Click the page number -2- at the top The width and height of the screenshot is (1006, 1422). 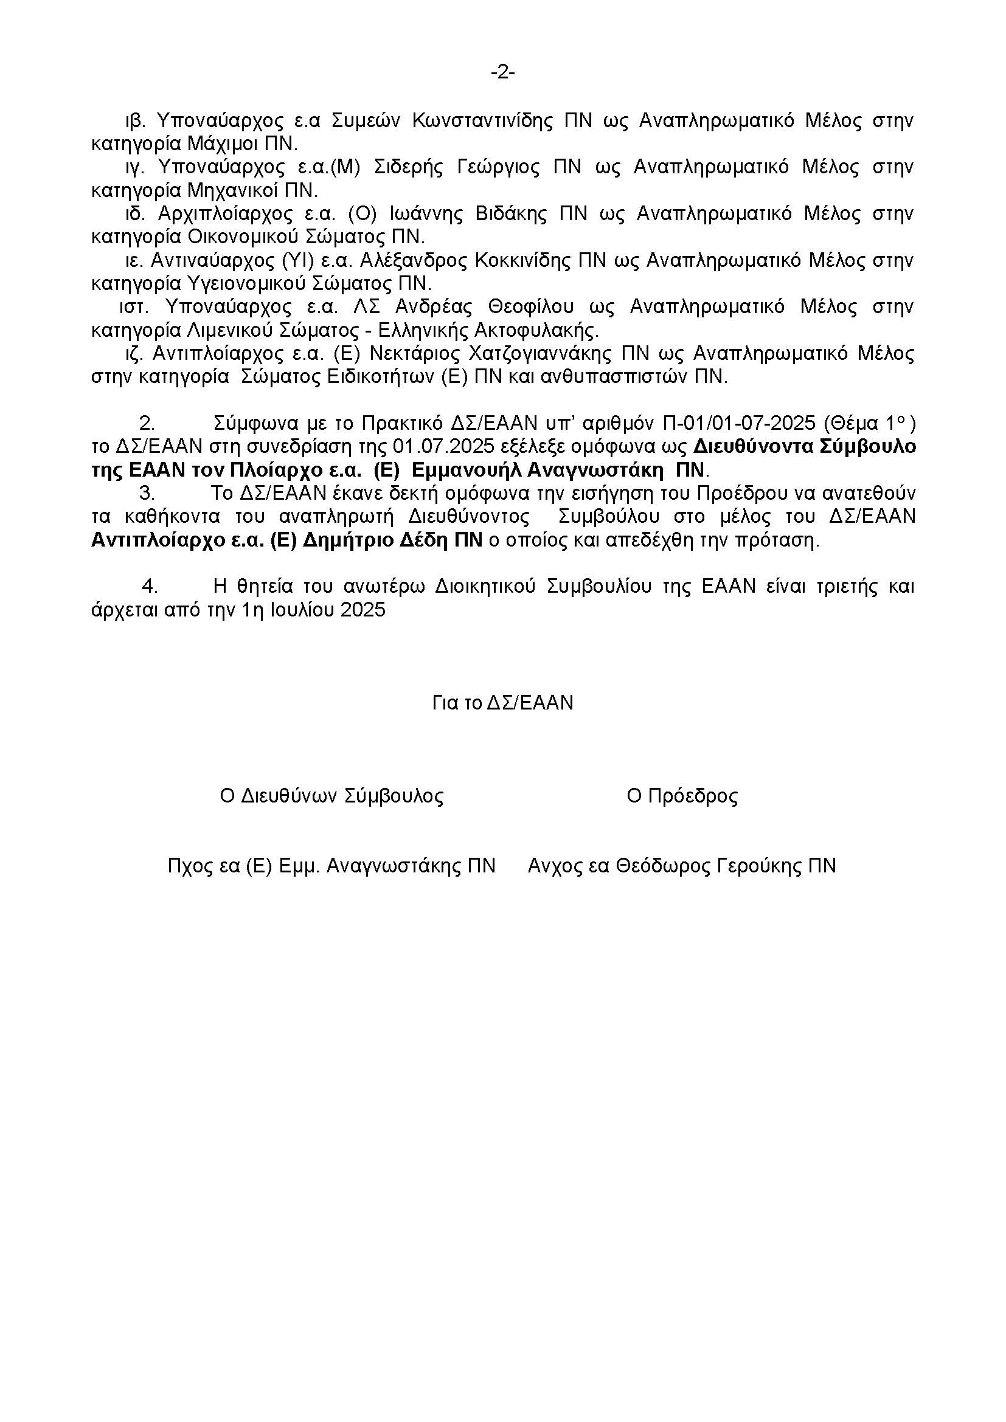point(502,73)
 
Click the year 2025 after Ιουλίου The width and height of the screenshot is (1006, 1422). point(363,610)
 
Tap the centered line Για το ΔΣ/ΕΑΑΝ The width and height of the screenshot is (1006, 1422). point(502,703)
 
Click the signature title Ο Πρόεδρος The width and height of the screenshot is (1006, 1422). point(682,796)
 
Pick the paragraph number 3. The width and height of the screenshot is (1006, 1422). point(146,494)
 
